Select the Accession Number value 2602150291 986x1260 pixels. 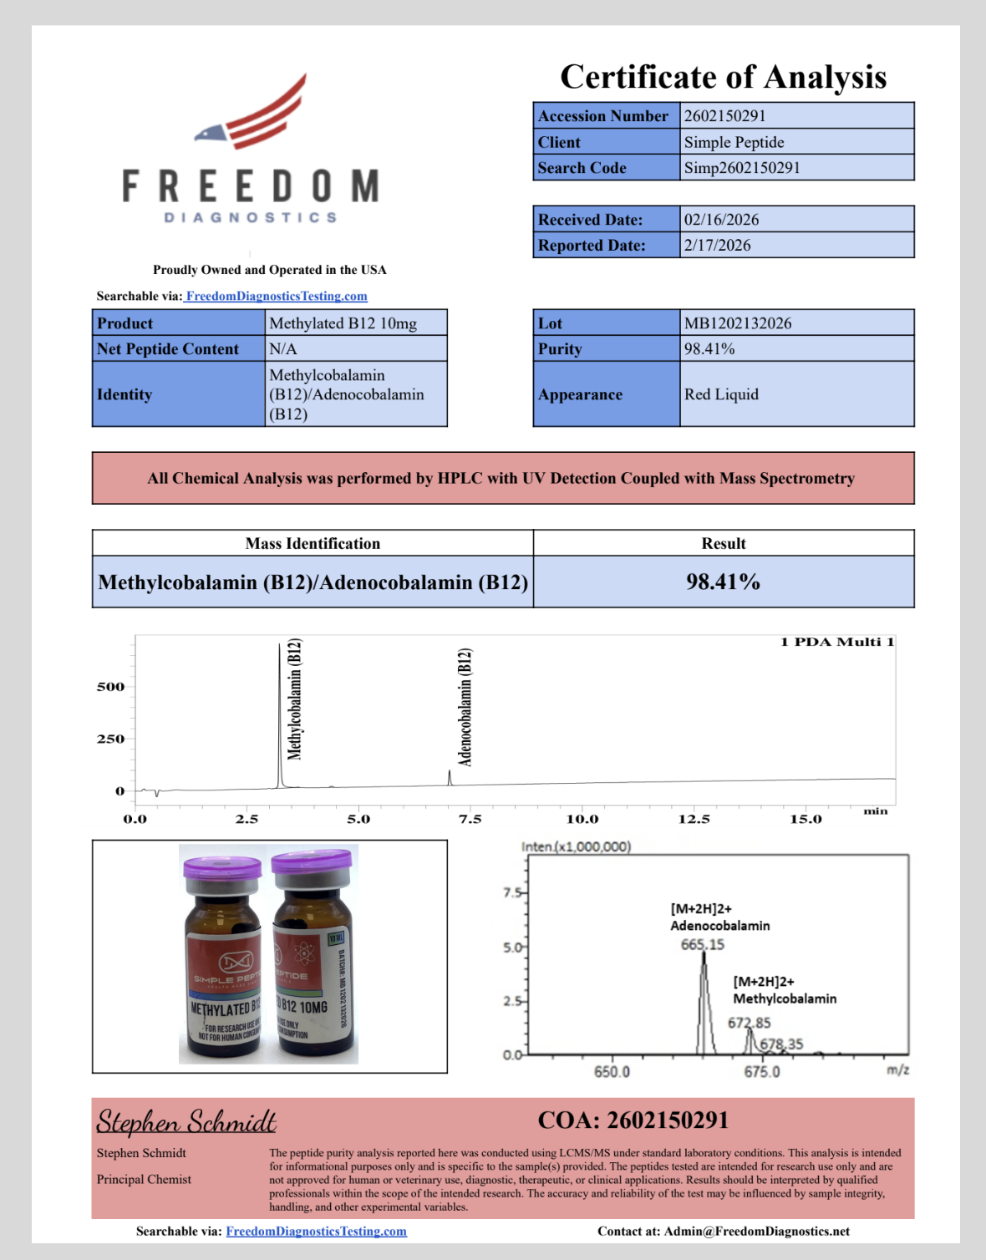click(724, 116)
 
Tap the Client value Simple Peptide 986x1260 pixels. click(734, 142)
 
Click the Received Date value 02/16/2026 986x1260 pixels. click(721, 220)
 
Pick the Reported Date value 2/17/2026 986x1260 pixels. click(717, 246)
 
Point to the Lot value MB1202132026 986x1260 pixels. click(737, 323)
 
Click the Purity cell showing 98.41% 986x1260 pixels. click(709, 348)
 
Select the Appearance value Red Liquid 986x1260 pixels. click(721, 394)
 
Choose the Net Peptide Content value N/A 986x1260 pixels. click(283, 348)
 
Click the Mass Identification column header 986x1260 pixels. click(313, 544)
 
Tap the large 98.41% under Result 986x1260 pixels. click(723, 582)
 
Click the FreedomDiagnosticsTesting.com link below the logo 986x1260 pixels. click(276, 296)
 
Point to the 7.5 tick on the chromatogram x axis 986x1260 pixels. click(470, 819)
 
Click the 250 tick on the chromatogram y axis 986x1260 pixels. click(110, 739)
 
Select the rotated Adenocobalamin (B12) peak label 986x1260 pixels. click(465, 707)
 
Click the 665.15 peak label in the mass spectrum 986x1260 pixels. click(702, 945)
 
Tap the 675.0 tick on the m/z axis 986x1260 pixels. click(762, 1072)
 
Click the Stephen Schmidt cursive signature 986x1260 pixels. click(186, 1120)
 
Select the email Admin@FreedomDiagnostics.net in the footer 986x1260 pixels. click(756, 1231)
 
